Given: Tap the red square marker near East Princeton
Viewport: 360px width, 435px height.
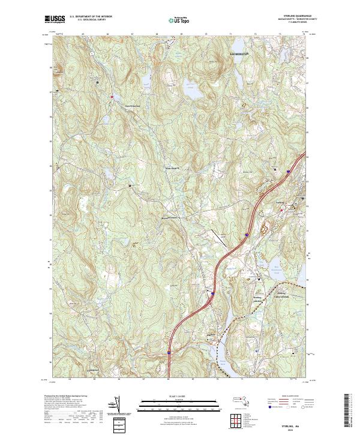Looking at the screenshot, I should pyautogui.click(x=111, y=97).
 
